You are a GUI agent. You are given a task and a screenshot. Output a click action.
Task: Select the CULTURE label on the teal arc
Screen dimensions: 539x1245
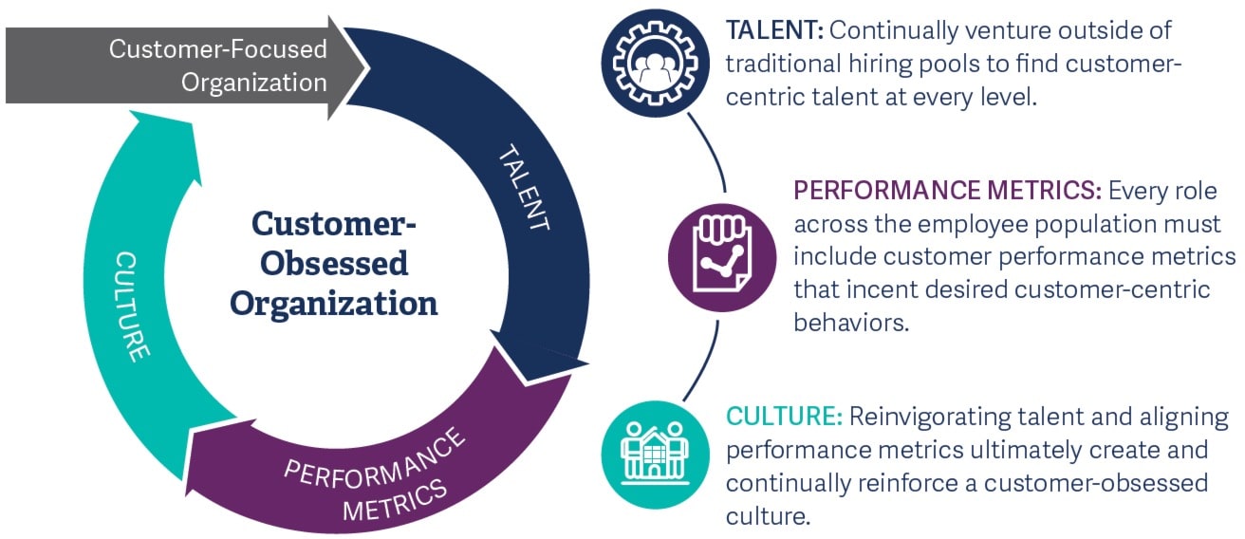pos(133,306)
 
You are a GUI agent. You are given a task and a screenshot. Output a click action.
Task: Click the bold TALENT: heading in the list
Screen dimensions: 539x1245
pos(773,31)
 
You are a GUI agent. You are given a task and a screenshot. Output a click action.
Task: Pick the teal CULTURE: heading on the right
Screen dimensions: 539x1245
pos(783,417)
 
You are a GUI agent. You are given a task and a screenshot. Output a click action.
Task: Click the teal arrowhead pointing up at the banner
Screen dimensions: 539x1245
pos(171,133)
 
